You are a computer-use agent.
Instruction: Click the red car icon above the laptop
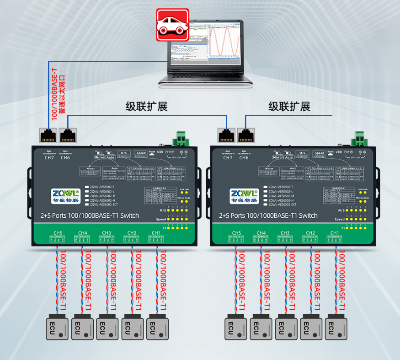[x=173, y=25]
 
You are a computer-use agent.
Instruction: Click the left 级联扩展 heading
[x=147, y=107]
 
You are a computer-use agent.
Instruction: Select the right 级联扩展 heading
[x=289, y=107]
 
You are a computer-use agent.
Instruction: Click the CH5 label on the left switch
[x=58, y=233]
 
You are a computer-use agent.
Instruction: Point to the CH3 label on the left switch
[x=107, y=233]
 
